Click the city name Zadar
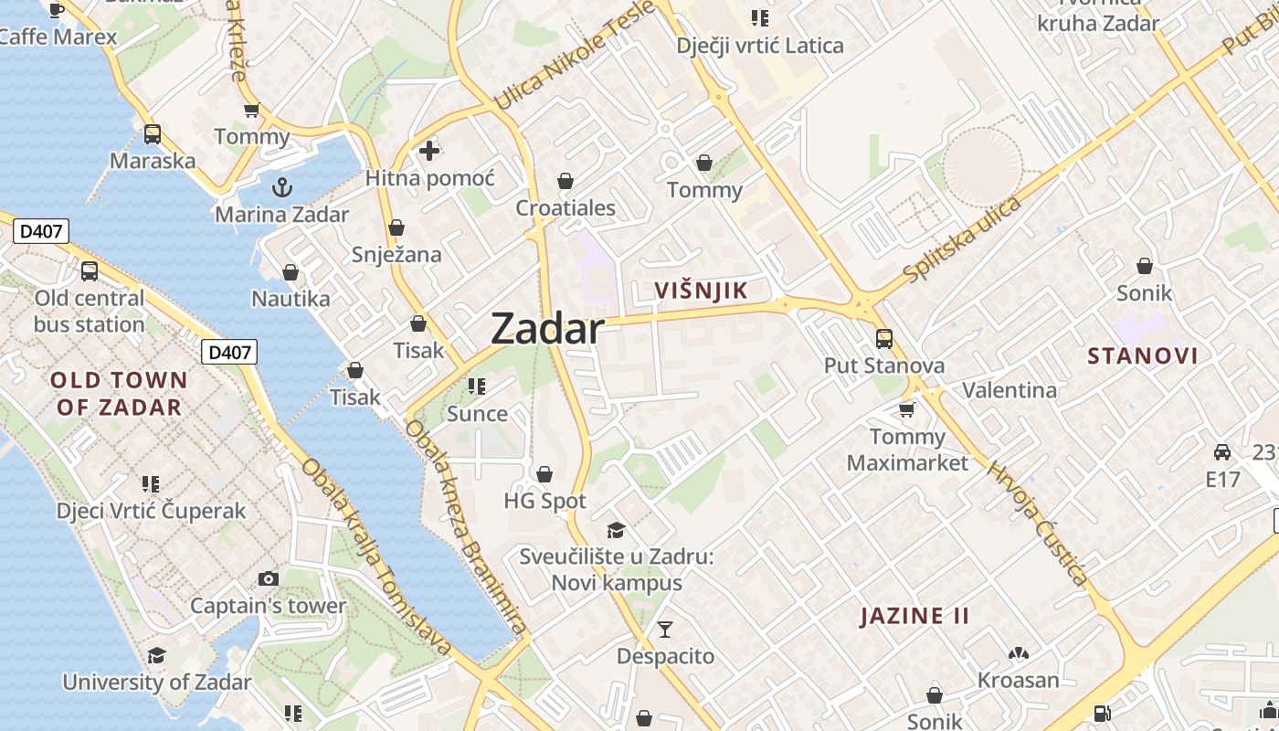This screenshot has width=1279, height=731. click(547, 329)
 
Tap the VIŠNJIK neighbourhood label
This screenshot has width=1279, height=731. click(702, 291)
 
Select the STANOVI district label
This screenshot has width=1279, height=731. click(1142, 356)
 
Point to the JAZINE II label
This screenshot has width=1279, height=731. click(914, 616)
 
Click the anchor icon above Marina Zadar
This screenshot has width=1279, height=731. click(282, 187)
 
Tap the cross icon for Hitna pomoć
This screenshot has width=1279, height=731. click(429, 151)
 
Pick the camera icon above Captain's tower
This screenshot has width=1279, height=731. click(269, 578)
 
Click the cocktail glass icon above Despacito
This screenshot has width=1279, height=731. click(665, 629)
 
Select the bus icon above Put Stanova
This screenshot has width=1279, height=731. click(883, 338)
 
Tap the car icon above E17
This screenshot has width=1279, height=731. click(1222, 451)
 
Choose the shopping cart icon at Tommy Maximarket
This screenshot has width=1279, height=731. click(906, 408)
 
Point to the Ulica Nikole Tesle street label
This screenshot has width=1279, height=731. click(574, 55)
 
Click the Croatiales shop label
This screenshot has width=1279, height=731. click(566, 208)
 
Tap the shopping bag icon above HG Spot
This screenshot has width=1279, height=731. click(544, 474)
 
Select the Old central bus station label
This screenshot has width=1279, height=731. click(90, 312)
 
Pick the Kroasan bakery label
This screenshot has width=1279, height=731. click(1018, 680)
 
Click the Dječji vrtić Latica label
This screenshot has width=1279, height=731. click(760, 46)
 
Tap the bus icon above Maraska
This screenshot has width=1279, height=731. click(153, 134)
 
